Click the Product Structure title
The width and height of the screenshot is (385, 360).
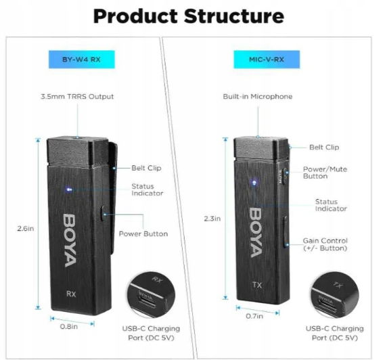click(189, 16)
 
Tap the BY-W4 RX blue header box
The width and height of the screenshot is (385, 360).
click(81, 60)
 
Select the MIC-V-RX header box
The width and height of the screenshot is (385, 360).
click(267, 60)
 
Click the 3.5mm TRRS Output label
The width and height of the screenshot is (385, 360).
click(77, 97)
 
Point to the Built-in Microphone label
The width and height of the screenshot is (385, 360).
click(258, 97)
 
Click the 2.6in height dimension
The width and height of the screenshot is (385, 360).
click(26, 229)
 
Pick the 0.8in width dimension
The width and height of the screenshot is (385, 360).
click(69, 327)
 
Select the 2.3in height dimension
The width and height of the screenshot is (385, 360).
click(212, 219)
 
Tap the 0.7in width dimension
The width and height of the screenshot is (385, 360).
click(254, 316)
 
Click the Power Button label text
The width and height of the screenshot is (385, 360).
click(143, 233)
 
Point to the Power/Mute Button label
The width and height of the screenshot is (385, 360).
click(325, 173)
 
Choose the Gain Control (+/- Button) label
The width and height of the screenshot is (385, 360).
click(325, 244)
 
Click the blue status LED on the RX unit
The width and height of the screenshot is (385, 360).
click(69, 189)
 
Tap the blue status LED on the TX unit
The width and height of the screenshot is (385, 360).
click(254, 183)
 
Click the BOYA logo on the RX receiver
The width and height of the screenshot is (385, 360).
click(70, 240)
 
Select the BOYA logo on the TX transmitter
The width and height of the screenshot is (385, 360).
click(256, 233)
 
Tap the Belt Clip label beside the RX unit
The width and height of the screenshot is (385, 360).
click(146, 168)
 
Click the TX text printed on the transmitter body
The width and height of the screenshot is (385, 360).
click(257, 285)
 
